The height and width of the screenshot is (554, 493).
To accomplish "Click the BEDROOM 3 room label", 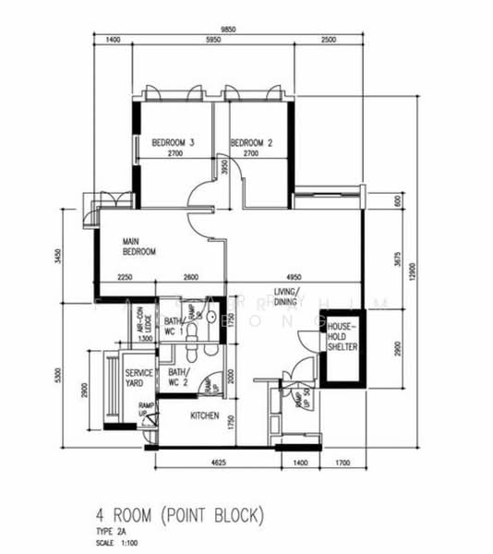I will [174, 142].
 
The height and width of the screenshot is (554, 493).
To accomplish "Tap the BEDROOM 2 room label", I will [251, 142].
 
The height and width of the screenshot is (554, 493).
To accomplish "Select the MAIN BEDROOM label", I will [139, 247].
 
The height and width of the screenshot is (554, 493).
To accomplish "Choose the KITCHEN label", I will [204, 416].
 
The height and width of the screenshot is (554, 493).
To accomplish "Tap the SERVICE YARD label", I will [138, 378].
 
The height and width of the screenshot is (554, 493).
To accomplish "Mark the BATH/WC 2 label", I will [178, 378].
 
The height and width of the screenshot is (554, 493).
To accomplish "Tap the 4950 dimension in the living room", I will [295, 277].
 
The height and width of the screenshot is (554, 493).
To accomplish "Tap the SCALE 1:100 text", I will [117, 543].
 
